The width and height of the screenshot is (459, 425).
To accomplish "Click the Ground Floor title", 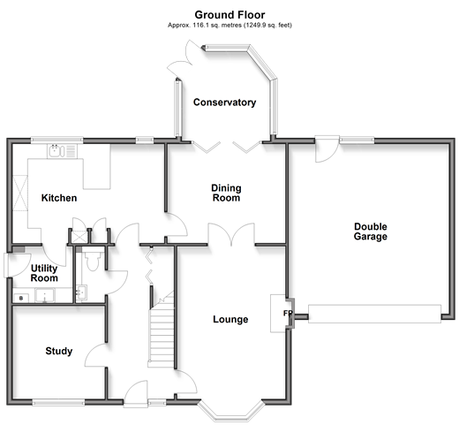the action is [229, 15].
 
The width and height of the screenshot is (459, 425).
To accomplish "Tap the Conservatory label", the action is [224, 102].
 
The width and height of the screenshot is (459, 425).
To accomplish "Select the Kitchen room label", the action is [59, 198].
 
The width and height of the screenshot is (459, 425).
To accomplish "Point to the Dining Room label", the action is [226, 193].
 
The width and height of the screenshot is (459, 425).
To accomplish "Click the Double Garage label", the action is [371, 231].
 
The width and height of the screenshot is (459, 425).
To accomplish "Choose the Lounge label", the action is [230, 319].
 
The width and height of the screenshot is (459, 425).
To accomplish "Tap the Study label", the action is [59, 351].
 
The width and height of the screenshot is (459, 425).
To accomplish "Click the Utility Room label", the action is [44, 273].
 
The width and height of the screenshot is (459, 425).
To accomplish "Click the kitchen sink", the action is [62, 151].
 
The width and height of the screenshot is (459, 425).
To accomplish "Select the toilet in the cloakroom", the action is [93, 259].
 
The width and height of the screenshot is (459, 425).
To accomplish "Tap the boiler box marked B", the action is [21, 298].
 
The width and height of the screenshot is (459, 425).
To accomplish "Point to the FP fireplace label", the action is [288, 313].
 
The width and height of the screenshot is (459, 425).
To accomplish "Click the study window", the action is [58, 402].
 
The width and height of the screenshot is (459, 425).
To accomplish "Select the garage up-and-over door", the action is [374, 314].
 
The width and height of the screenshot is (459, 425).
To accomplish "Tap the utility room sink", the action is [45, 295].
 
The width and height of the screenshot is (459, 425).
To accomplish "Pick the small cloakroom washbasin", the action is [81, 292].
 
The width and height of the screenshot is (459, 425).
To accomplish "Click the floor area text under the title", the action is [229, 26].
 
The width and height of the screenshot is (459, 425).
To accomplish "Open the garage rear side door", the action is [327, 148].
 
